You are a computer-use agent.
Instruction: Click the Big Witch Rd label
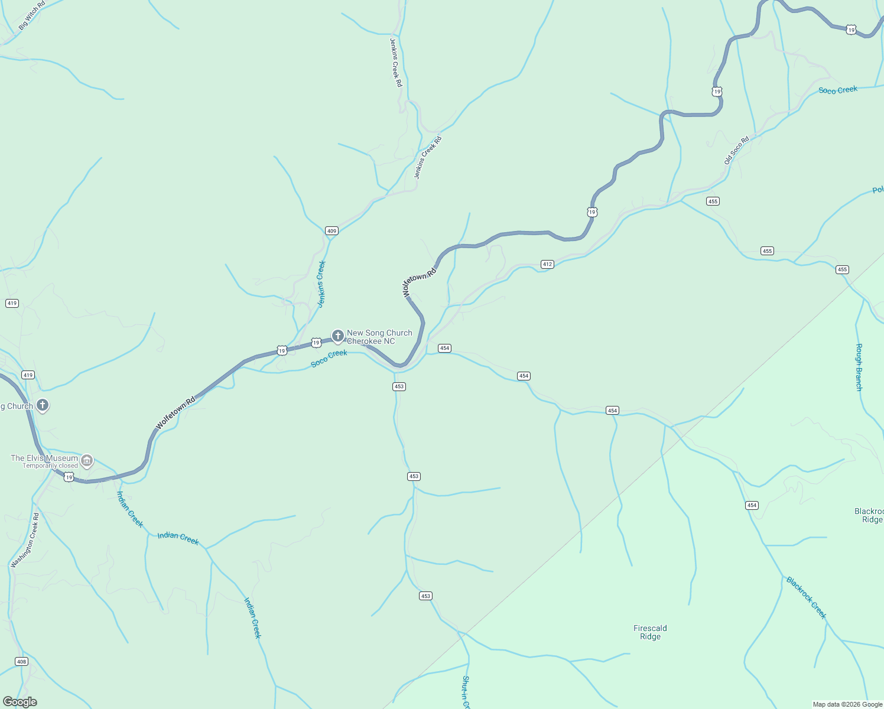click(32, 16)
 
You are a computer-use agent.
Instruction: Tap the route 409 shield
click(331, 231)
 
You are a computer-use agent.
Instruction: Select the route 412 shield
click(547, 264)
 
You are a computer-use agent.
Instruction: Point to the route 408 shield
click(22, 661)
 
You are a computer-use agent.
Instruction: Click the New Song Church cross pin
click(337, 336)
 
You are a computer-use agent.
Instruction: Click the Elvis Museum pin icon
click(87, 460)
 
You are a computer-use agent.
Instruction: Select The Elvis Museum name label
click(44, 458)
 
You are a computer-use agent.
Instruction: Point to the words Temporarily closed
click(50, 466)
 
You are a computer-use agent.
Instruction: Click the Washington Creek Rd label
click(25, 540)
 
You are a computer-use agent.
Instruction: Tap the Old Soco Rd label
click(736, 150)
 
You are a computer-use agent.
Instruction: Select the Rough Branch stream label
click(859, 367)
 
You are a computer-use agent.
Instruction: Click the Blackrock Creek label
click(806, 597)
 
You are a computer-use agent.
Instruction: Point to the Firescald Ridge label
click(650, 632)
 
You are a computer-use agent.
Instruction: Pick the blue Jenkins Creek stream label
click(321, 284)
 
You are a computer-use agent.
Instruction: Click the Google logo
click(19, 702)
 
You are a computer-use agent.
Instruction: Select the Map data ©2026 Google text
click(847, 704)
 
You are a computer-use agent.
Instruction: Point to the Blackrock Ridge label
click(870, 515)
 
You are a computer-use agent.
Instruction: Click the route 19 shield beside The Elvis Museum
click(69, 477)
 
